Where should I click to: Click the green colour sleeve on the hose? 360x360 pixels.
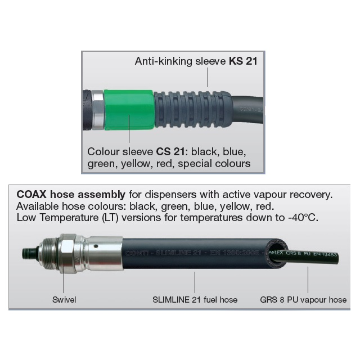pos(129,109)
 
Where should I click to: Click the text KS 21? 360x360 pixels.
pos(243,61)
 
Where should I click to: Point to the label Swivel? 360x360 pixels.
pos(64,300)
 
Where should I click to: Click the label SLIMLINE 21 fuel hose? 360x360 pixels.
pos(195,300)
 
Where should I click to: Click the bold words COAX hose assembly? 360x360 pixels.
pos(71,195)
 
